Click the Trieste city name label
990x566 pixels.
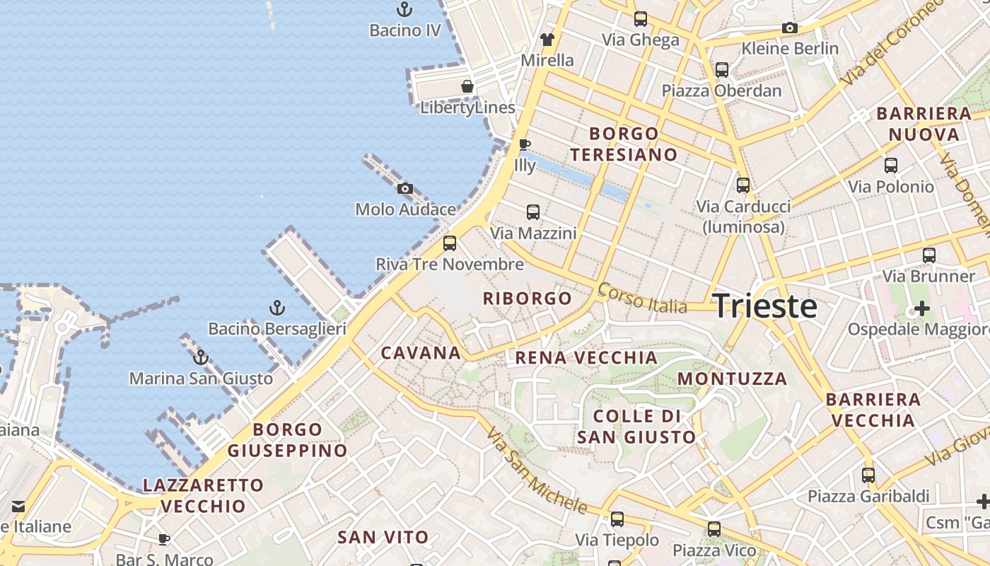point(764,306)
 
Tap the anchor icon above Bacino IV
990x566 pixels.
point(404,10)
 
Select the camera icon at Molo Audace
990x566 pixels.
point(405,188)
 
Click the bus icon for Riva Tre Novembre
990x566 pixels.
point(450,243)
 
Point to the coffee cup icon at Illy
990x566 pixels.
point(525,144)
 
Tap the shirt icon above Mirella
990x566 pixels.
point(547,39)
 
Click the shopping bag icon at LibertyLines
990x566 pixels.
point(467,86)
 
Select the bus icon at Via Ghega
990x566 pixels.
point(641,19)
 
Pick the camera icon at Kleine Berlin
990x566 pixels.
point(790,28)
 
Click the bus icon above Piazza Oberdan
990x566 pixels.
point(722,70)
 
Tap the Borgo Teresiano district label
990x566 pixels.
point(624,144)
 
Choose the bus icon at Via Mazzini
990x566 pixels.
point(533,212)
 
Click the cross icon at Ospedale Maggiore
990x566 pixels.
point(922,308)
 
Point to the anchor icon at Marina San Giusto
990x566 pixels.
point(201,357)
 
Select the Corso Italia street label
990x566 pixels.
point(642,298)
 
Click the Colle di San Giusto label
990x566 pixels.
point(637,427)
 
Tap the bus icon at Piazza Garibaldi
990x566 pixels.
point(868,475)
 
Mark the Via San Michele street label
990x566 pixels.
point(537,470)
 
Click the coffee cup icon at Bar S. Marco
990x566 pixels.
point(164,540)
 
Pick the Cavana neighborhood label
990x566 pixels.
point(421,352)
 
